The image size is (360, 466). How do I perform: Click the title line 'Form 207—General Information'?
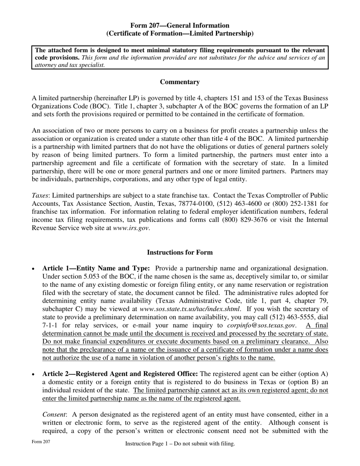pyautogui.click(x=180, y=25)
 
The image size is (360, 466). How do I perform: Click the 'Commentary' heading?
pyautogui.click(x=180, y=82)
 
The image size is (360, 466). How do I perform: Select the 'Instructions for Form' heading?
pyautogui.click(x=180, y=252)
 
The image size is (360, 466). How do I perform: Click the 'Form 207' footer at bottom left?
pyautogui.click(x=41, y=442)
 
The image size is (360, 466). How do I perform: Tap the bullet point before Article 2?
pyautogui.click(x=34, y=374)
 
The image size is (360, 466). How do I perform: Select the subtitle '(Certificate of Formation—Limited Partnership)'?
pyautogui.click(x=180, y=34)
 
